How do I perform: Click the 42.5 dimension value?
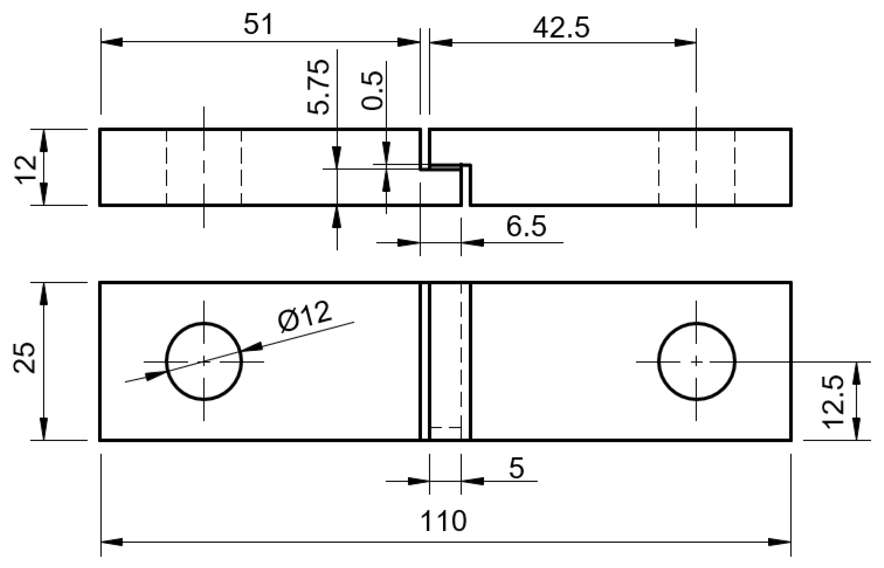[561, 28]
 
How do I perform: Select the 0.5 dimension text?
[372, 90]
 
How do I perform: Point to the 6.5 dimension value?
[526, 226]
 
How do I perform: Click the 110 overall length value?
[443, 521]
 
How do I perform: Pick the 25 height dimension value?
[24, 358]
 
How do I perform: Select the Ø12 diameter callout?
[305, 316]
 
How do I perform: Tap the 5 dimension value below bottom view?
[516, 469]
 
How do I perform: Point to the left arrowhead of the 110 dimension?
[111, 542]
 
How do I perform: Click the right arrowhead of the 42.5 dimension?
[685, 43]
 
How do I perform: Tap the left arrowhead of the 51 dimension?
[111, 42]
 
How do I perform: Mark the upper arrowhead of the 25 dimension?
[44, 294]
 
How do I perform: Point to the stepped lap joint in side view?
[446, 167]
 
